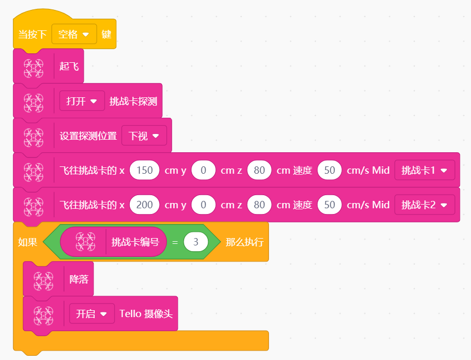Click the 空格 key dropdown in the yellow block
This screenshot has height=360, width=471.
(74, 34)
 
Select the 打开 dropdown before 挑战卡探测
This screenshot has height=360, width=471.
(82, 101)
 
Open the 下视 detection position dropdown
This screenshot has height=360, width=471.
(144, 136)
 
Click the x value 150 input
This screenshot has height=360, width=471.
(144, 170)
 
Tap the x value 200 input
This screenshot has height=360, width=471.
(144, 205)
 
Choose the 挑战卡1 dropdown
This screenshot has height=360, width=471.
(424, 170)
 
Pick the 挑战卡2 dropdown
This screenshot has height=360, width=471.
(424, 205)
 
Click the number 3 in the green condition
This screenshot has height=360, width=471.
(196, 242)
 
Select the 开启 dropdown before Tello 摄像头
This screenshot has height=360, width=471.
(92, 314)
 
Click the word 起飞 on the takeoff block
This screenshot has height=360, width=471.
(69, 66)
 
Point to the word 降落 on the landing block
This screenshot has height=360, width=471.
(79, 279)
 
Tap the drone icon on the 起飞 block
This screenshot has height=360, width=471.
(33, 69)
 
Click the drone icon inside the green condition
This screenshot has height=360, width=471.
(86, 242)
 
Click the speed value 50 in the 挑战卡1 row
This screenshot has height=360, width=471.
(330, 170)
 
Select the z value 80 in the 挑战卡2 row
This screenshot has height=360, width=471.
(259, 205)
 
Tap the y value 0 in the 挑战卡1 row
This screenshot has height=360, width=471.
(204, 170)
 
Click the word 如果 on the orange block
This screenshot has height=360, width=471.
(28, 242)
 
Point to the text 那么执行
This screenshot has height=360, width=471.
(244, 242)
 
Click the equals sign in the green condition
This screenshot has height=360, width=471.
(175, 242)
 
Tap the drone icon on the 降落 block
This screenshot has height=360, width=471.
(43, 282)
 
